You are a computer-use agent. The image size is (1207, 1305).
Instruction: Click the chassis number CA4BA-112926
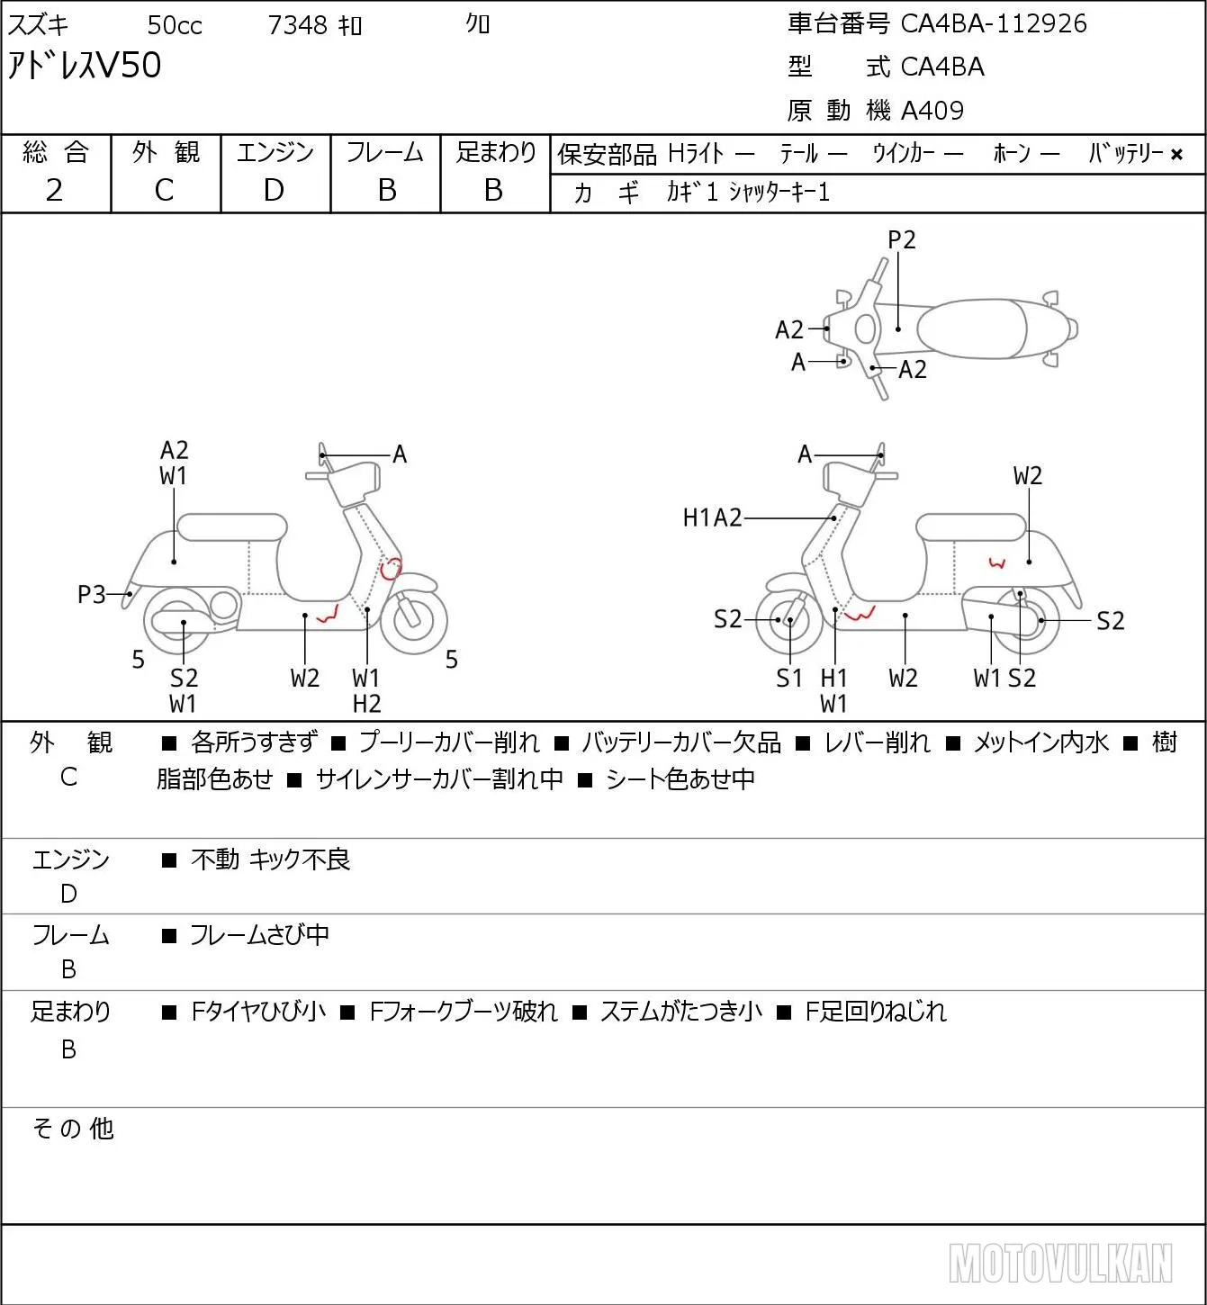coord(994,23)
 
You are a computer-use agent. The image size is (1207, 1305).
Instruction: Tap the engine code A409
coord(932,111)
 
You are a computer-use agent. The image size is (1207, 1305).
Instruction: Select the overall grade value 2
coord(55,190)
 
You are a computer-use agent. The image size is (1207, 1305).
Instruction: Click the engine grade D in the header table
coord(274,190)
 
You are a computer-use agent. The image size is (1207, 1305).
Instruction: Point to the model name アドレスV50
coord(84,65)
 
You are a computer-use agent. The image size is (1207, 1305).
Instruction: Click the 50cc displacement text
coord(175,25)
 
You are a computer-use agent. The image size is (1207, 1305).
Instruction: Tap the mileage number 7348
coord(297,25)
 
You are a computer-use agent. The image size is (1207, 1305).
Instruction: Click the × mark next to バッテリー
coord(1176,155)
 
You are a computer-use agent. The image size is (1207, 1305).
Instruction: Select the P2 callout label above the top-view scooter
coord(901,239)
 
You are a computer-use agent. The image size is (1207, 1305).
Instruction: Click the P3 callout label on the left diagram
coord(92,595)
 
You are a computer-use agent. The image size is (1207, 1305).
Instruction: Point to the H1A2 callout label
coord(713,517)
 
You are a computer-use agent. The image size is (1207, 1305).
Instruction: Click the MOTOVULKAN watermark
coord(1060,1263)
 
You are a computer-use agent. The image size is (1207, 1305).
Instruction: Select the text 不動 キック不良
coord(270,859)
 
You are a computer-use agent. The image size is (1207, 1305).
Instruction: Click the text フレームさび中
coord(259,934)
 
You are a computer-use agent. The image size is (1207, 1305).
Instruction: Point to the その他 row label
coord(73,1129)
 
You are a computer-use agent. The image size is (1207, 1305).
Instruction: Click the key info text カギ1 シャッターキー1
coord(748,192)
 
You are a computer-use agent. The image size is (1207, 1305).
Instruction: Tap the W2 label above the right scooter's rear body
coord(1028,476)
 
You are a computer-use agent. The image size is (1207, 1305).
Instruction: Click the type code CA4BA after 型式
coord(942,67)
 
